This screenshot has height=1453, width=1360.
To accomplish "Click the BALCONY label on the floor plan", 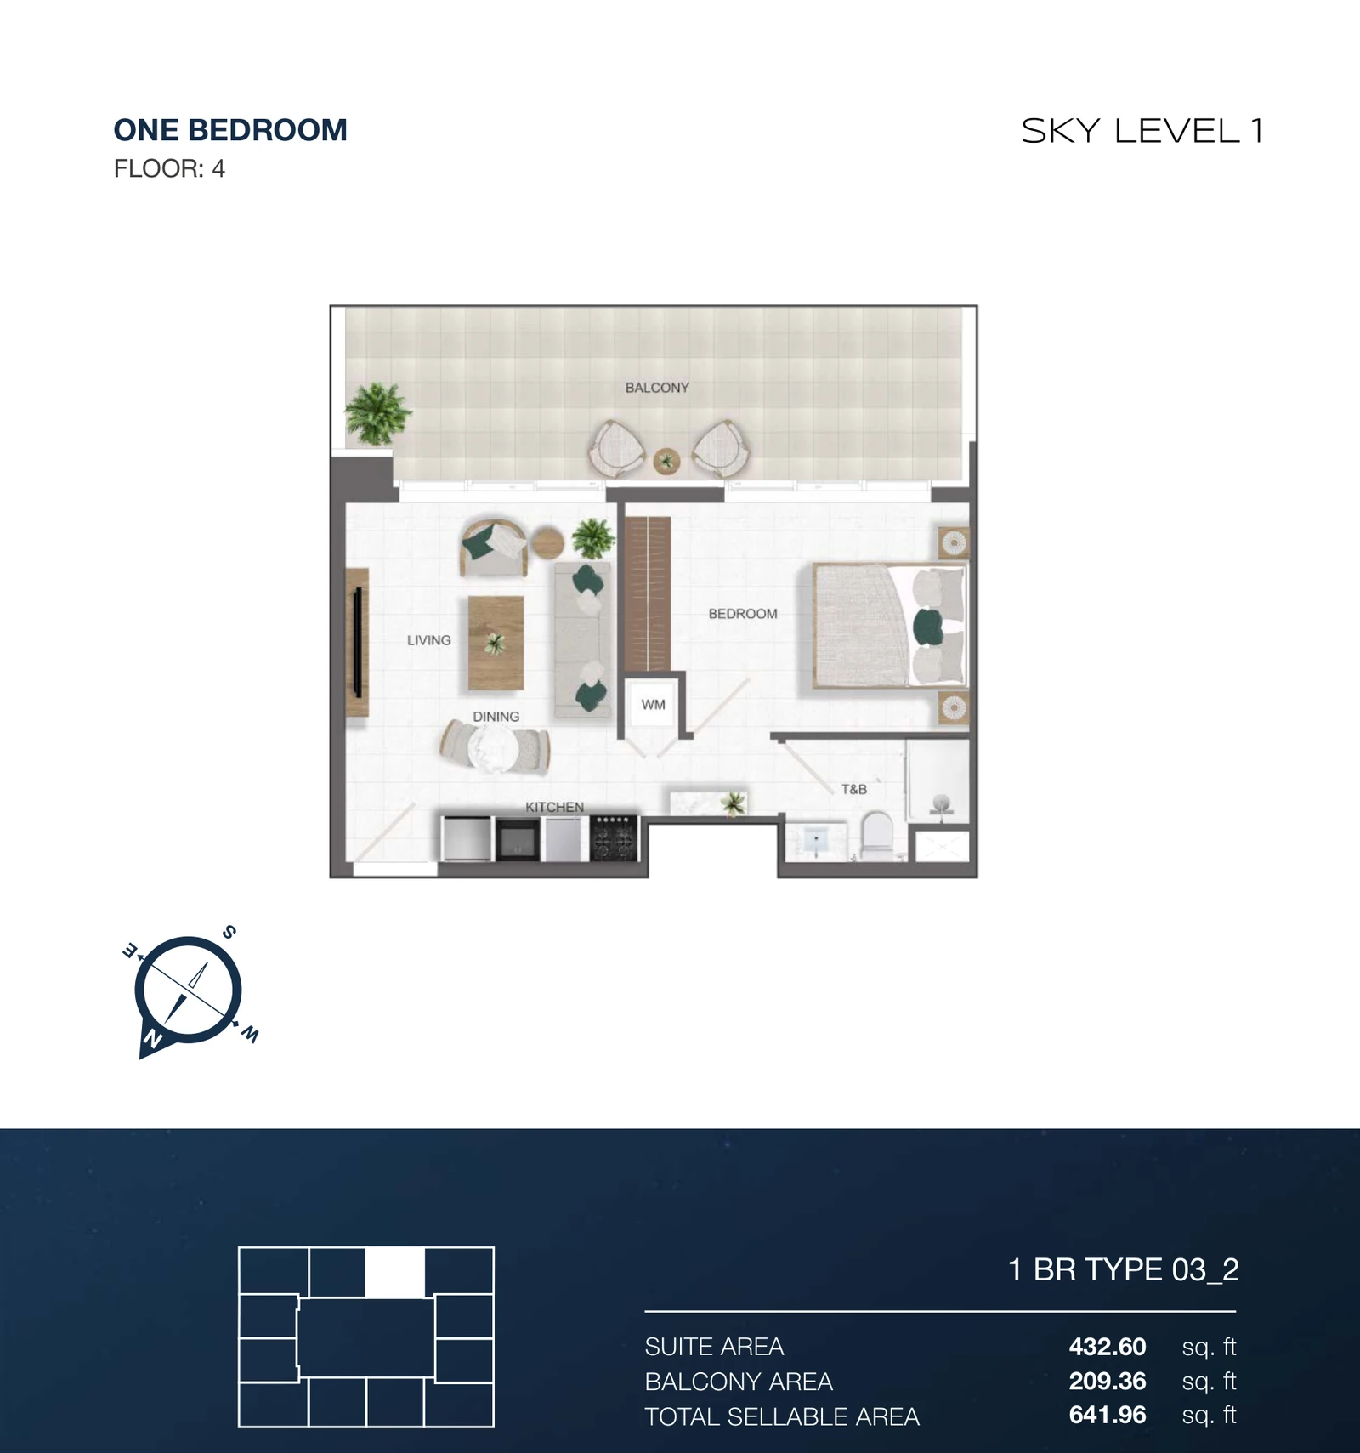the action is pos(657,388).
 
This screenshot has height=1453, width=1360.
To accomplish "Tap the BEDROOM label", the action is pos(743,614).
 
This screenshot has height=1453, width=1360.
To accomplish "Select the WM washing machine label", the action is pos(653,705).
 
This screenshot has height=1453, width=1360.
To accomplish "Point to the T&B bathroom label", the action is pos(854,789).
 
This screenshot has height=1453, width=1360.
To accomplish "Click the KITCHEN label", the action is pos(554,807).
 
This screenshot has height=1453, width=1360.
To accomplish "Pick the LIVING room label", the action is pos(428,640).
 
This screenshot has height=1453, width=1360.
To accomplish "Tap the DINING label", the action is pos(496,717).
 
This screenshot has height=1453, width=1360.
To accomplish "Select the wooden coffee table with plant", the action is pos(496,642).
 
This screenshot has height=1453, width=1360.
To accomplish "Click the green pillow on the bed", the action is pos(927,627).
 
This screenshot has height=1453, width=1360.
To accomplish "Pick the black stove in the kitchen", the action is pos(614,837).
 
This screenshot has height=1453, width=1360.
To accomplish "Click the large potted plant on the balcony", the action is pos(377,413).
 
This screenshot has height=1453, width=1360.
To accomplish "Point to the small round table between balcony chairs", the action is pos(666,462).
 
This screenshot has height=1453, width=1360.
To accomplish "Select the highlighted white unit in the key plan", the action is pos(395,1272).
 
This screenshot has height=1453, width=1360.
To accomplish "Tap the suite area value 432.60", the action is pos(1108,1347).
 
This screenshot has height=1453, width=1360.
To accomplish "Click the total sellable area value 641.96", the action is pos(1108,1415).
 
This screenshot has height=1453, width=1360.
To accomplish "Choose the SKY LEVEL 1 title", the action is pos(1142,131).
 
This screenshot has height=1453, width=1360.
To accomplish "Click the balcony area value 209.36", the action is pos(1108,1381).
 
